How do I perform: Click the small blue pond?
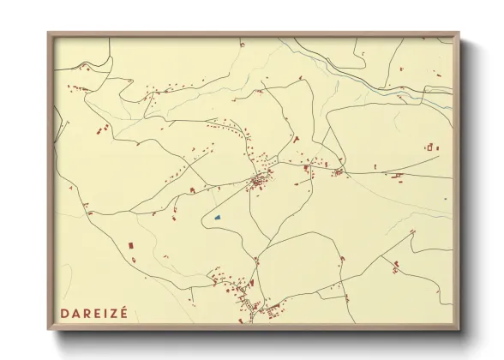(218, 217)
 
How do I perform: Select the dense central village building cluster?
(259, 181)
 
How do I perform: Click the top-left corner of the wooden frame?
(49, 34)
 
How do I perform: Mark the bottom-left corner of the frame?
(49, 328)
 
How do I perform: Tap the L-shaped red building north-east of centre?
(296, 138)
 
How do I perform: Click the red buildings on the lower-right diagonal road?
(395, 266)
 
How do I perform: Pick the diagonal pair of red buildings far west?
(103, 130)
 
